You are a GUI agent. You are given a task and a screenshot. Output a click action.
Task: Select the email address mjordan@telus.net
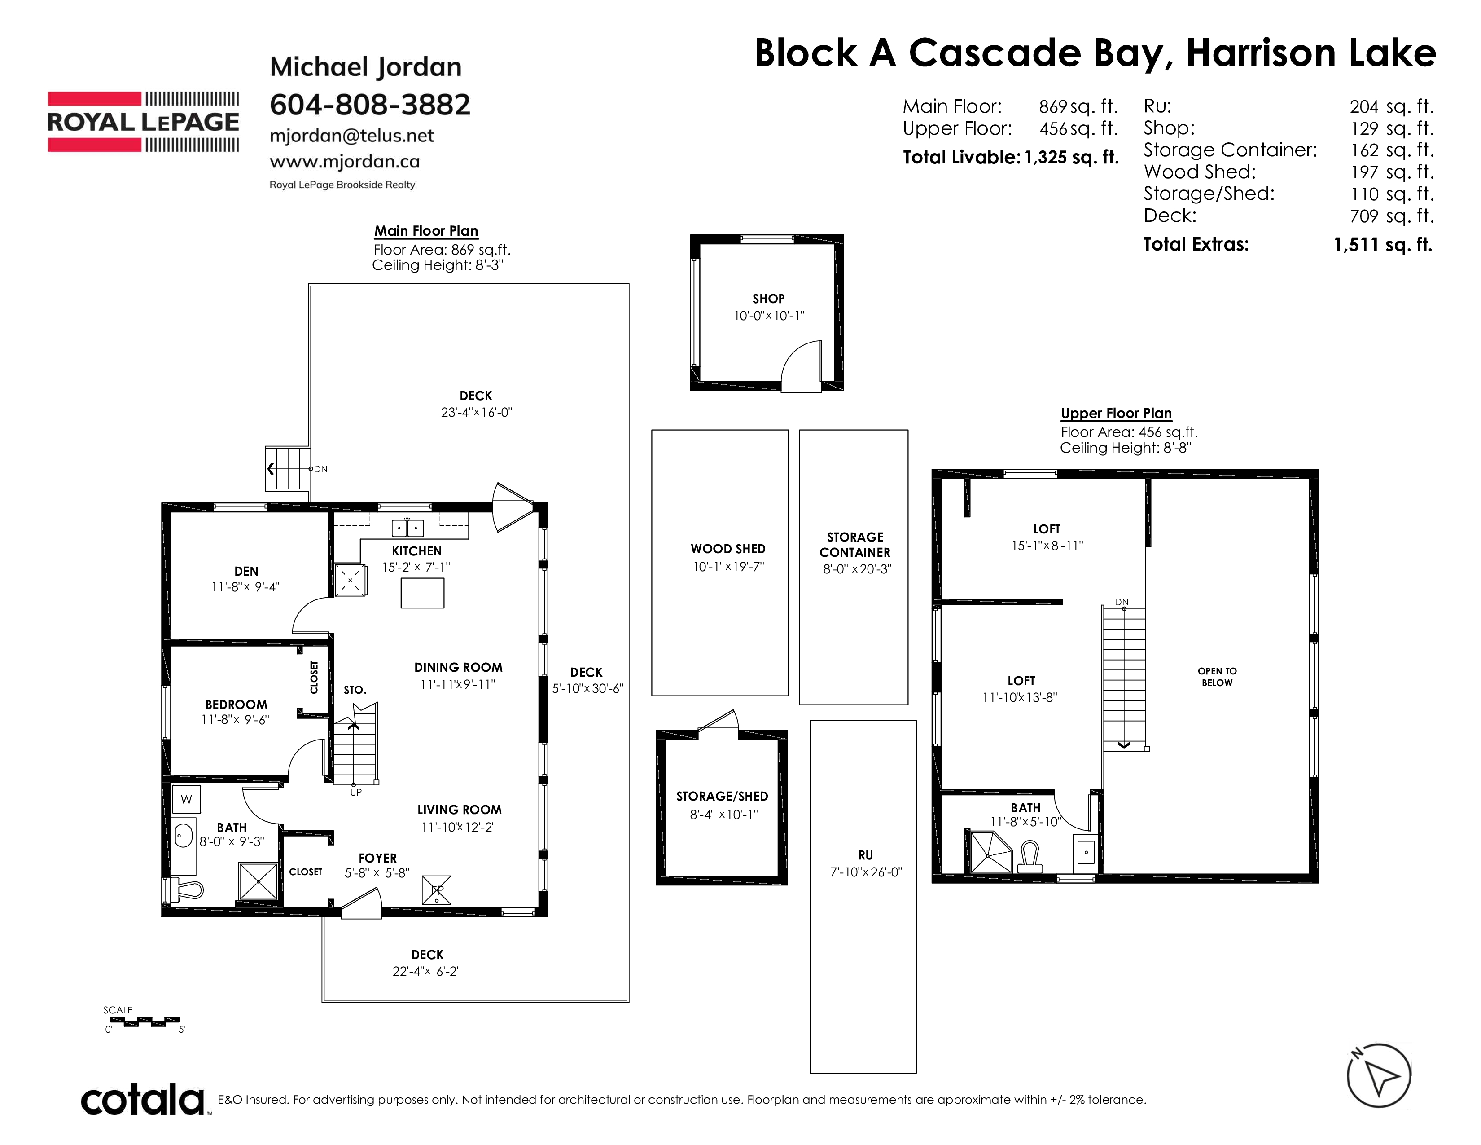coord(351,136)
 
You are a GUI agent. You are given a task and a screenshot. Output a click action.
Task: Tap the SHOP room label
coord(768,299)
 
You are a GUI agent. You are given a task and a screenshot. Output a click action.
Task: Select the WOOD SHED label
coord(727,549)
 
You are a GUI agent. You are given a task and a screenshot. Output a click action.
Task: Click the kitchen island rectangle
coord(422,593)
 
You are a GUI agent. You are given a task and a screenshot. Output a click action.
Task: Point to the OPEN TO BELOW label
coord(1217,677)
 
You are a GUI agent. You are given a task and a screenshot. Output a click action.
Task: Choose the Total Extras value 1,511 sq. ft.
coord(1383,245)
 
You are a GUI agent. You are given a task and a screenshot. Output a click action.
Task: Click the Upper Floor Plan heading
coord(1116,413)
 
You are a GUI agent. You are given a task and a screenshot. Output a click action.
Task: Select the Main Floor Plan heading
coord(426,231)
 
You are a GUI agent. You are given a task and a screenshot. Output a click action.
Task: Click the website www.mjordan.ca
coord(345,162)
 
